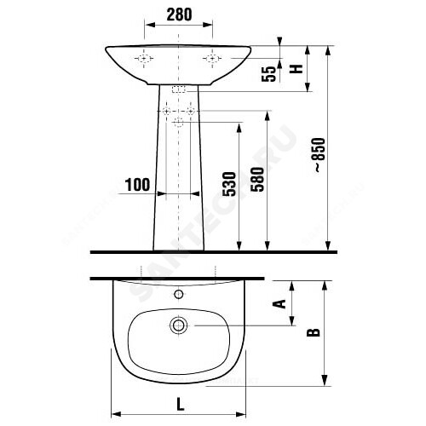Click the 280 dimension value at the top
[179, 14]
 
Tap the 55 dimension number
[268, 74]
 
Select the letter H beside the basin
[296, 69]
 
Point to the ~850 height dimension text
[319, 155]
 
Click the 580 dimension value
[257, 180]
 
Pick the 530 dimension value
[229, 184]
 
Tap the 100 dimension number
[137, 185]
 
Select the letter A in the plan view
[279, 303]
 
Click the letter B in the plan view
[314, 332]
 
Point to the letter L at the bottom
[181, 404]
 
